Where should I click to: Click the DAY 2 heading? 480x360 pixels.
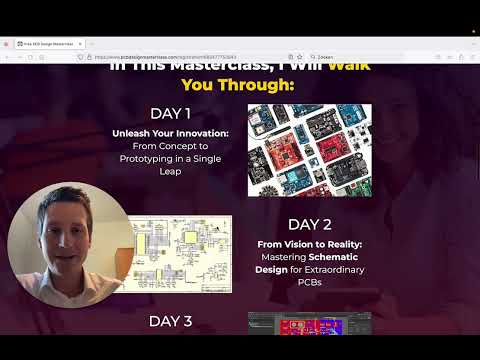(310, 224)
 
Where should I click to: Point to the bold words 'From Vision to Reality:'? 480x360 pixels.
(309, 243)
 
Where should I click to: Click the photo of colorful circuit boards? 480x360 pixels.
(309, 150)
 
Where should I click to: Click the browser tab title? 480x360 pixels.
(45, 44)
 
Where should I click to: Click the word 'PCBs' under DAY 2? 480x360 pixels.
(309, 283)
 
